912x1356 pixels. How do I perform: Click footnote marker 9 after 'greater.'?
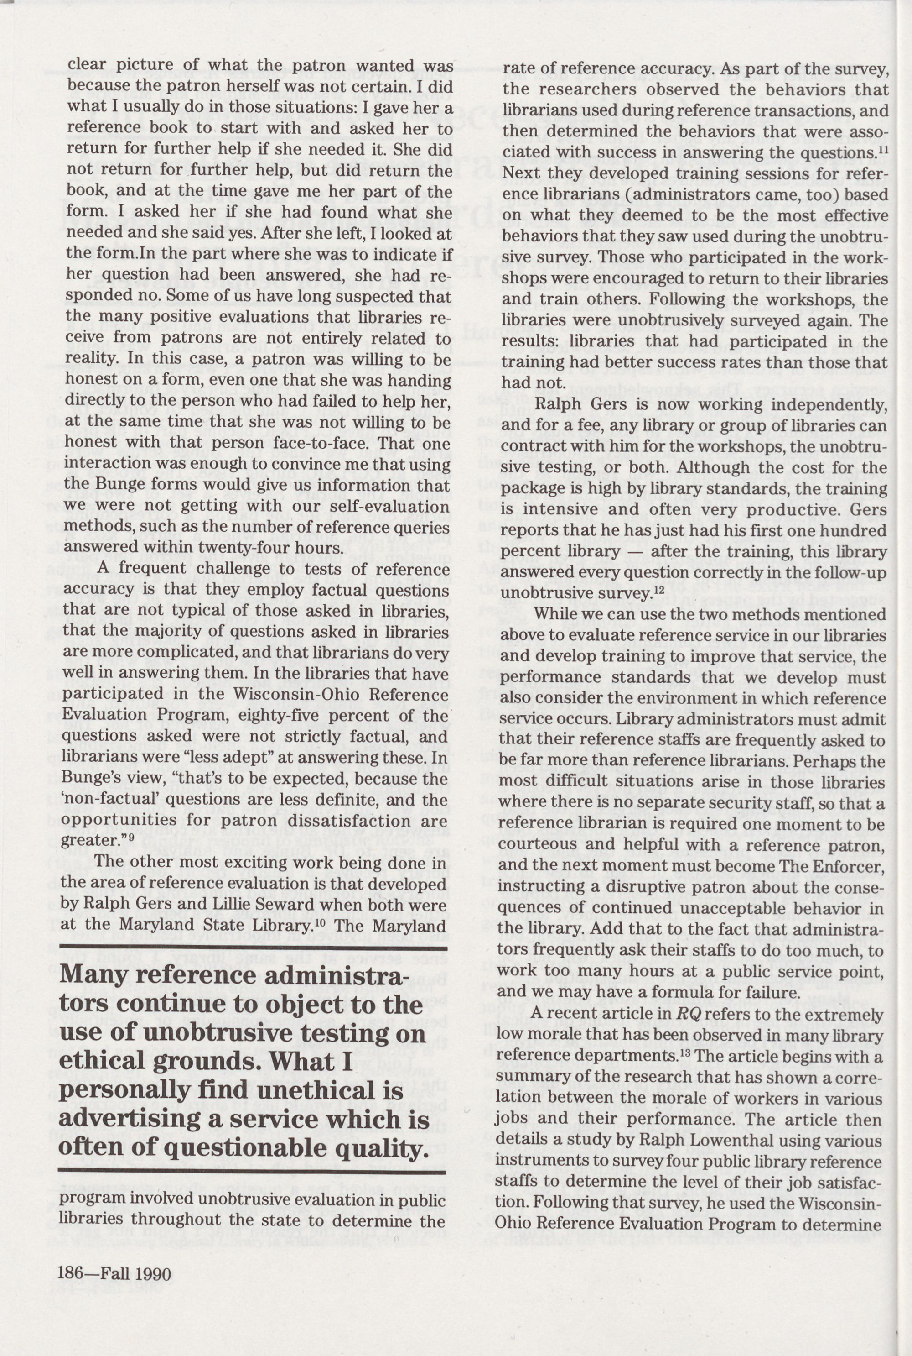(131, 838)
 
